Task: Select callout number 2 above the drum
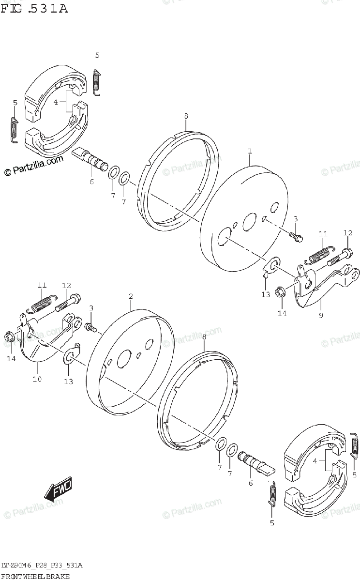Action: pyautogui.click(x=130, y=296)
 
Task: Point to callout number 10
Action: pyautogui.click(x=37, y=379)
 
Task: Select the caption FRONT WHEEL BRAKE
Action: pyautogui.click(x=34, y=576)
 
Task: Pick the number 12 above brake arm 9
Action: pyautogui.click(x=348, y=234)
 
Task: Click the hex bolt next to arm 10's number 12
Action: pyautogui.click(x=68, y=303)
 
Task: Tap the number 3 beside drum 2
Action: pyautogui.click(x=91, y=308)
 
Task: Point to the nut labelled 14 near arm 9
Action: pyautogui.click(x=280, y=292)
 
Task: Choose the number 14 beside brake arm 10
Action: pyautogui.click(x=11, y=358)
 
